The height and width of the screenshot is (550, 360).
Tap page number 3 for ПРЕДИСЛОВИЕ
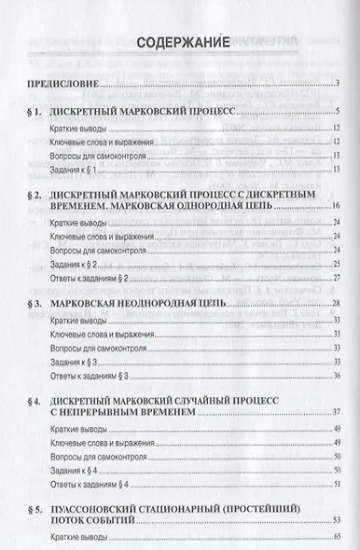336,87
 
